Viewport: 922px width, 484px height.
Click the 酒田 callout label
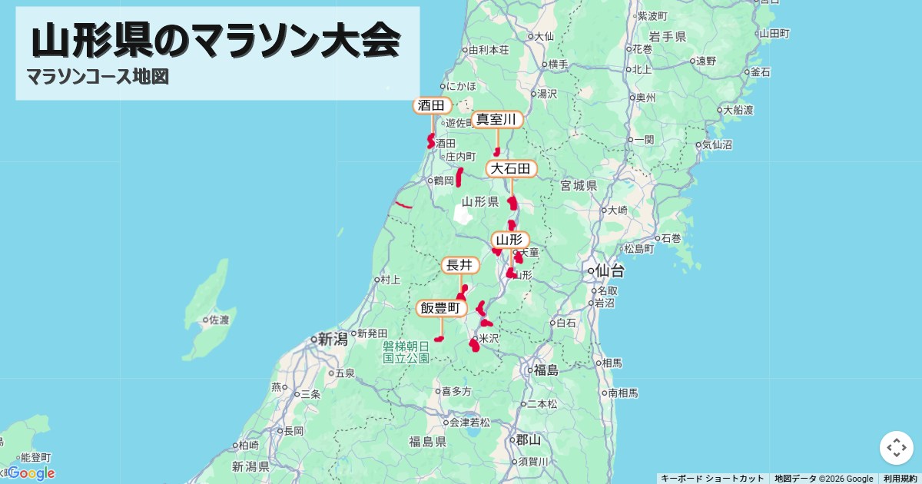coord(432,105)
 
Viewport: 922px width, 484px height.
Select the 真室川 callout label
coord(497,119)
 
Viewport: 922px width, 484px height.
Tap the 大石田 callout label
coord(511,168)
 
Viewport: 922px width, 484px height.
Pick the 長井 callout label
coord(459,265)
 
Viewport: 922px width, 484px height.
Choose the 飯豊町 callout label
coord(441,308)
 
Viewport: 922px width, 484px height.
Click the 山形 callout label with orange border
coord(509,240)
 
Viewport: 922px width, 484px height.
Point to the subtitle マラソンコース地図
coord(98,77)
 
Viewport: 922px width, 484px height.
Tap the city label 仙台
coord(610,271)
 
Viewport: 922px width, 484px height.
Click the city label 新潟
coord(333,339)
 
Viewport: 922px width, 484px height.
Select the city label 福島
coord(546,370)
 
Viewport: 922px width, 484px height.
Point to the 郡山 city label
coord(528,440)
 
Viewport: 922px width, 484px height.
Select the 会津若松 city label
coord(469,423)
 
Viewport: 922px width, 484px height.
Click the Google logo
coord(31,473)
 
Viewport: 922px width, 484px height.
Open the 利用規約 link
coord(900,479)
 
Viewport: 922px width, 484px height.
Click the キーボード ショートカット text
coord(712,479)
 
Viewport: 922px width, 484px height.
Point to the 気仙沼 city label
coord(717,144)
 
